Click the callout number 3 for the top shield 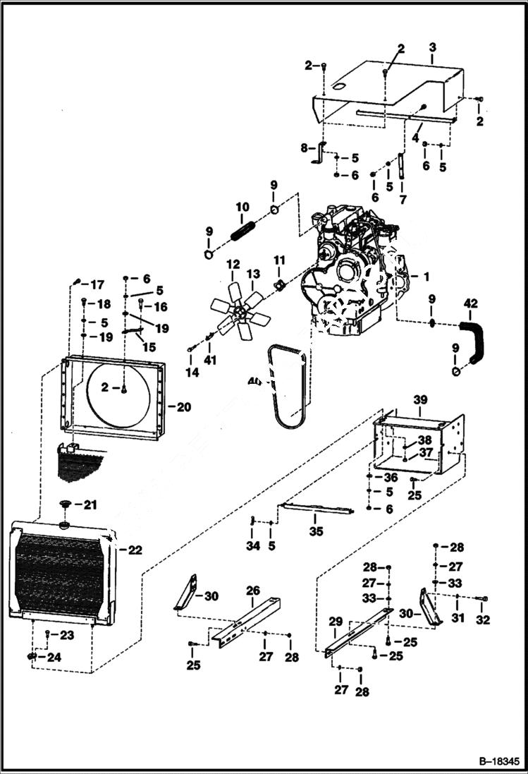coord(432,47)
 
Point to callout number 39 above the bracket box coord(420,399)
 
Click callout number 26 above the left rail coord(252,590)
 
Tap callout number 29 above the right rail coord(336,621)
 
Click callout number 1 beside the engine coord(424,275)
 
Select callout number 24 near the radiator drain coord(52,657)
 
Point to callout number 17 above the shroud coord(96,284)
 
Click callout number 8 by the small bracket coord(305,148)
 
